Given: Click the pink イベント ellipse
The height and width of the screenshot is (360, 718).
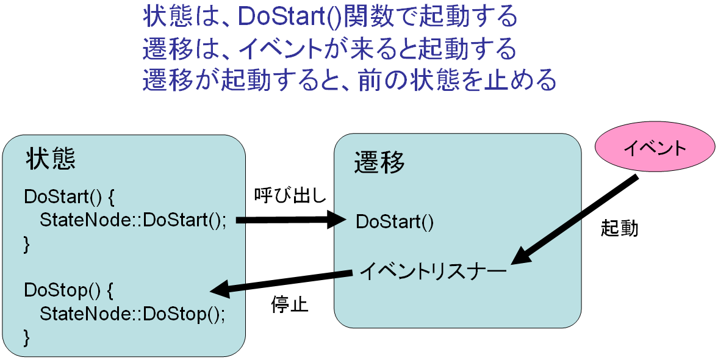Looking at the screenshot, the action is [655, 148].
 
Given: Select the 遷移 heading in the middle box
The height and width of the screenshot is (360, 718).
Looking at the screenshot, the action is [379, 162].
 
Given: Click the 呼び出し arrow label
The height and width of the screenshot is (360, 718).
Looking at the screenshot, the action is [290, 196].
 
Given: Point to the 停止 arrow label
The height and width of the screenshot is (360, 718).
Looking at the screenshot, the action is [289, 304].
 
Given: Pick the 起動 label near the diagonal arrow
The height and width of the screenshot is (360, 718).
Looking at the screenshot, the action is [619, 228].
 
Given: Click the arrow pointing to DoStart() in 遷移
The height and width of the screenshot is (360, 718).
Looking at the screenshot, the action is [291, 220].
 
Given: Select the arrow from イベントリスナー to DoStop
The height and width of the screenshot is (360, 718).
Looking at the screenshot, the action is [281, 282].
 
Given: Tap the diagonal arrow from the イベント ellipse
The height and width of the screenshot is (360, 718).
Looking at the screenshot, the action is [574, 220].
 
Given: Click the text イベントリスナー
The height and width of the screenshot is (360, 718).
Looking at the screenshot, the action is [433, 272].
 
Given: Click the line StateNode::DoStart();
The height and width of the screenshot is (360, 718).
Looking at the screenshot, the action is [133, 220].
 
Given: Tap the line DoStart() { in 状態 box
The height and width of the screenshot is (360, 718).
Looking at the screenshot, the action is [69, 197].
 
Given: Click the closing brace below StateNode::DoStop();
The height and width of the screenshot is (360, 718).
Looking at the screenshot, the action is [27, 338].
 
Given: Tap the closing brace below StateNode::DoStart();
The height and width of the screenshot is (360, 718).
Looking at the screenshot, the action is [27, 245].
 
